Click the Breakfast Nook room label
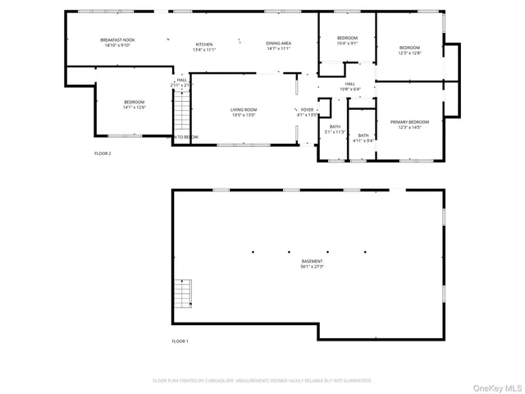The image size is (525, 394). click(116, 40)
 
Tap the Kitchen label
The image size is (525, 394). click(203, 44)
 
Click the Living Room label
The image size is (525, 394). click(243, 110)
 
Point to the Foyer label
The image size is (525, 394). click(307, 109)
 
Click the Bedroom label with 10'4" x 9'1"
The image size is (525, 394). click(347, 39)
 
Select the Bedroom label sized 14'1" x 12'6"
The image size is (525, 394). click(134, 102)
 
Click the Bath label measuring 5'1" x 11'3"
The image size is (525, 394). click(335, 126)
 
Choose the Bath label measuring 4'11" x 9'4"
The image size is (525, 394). click(363, 135)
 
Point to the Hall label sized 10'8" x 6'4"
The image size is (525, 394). click(349, 84)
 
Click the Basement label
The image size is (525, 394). click(312, 261)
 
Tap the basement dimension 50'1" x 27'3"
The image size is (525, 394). click(312, 267)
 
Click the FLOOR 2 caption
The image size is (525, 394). click(103, 153)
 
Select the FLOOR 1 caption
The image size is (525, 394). click(180, 341)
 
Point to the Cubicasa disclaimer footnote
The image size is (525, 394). click(262, 381)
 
